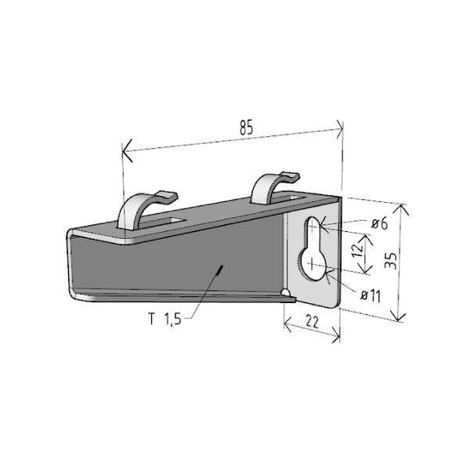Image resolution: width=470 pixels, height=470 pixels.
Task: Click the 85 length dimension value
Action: (x=247, y=127)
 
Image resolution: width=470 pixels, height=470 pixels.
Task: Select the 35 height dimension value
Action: (x=391, y=261)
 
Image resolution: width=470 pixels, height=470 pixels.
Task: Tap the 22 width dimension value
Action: (x=313, y=322)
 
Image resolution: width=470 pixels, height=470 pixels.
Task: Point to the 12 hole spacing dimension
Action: (x=358, y=251)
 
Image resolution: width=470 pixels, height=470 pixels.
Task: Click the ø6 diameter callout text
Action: (x=379, y=223)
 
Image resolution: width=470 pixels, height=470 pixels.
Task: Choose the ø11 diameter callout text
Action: (x=371, y=296)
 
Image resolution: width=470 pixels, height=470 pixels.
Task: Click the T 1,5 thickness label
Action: (x=165, y=319)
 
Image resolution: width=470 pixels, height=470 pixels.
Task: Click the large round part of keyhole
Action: (x=312, y=265)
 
